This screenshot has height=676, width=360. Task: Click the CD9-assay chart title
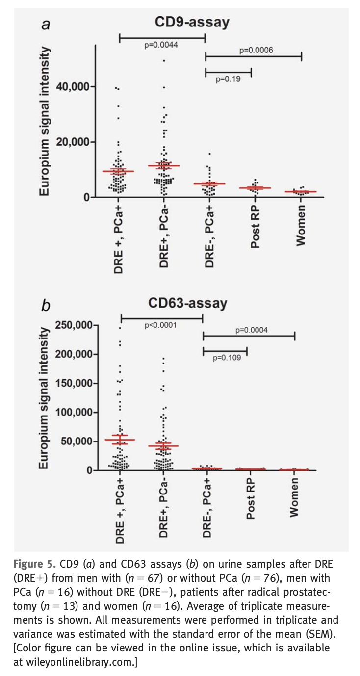click(x=192, y=22)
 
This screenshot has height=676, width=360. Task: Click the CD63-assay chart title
click(x=192, y=303)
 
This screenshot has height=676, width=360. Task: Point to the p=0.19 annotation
click(x=228, y=78)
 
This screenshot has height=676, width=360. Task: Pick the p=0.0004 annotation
click(x=252, y=330)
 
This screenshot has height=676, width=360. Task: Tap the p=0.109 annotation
click(x=227, y=358)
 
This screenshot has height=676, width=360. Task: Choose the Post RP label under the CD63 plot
click(x=250, y=500)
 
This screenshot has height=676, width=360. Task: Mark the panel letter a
click(x=46, y=25)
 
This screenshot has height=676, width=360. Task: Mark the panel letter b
click(x=46, y=306)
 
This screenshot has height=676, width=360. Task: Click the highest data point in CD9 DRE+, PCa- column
click(x=164, y=61)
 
